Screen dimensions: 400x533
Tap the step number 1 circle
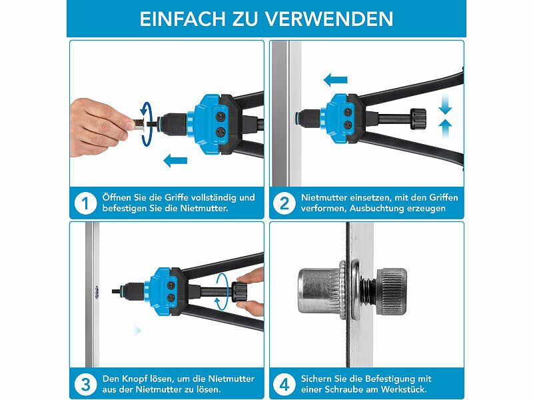85,203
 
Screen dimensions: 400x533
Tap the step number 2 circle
284,203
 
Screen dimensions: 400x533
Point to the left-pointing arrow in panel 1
175,159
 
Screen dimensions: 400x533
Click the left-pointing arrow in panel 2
336,80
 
